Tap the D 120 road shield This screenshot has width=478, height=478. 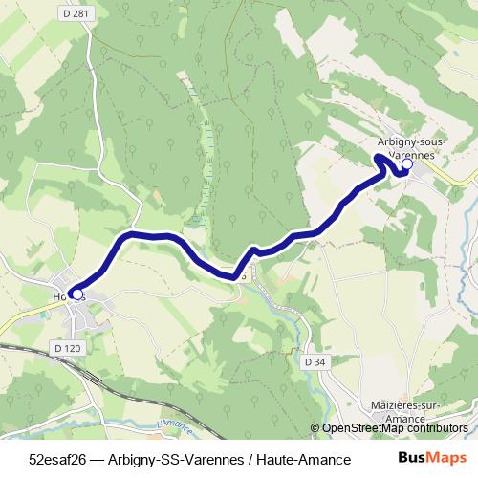point(67,348)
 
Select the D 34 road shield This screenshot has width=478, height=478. point(315,361)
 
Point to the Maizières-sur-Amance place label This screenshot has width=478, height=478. point(404,411)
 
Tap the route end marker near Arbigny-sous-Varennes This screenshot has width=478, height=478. point(406,164)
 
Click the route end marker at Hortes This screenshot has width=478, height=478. point(76,295)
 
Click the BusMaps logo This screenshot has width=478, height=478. point(425,456)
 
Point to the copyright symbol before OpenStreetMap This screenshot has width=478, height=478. point(315,428)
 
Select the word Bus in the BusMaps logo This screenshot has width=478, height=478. point(409,456)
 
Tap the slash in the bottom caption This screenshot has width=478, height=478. point(248,457)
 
